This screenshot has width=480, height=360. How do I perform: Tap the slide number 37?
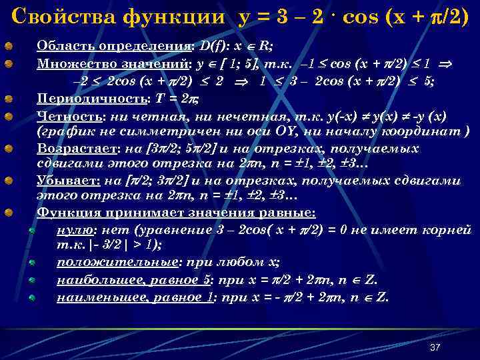[435, 347]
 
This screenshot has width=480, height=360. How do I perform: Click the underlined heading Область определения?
[114, 47]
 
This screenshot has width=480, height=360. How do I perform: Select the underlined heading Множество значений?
[113, 64]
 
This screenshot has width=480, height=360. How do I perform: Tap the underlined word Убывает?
[63, 181]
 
